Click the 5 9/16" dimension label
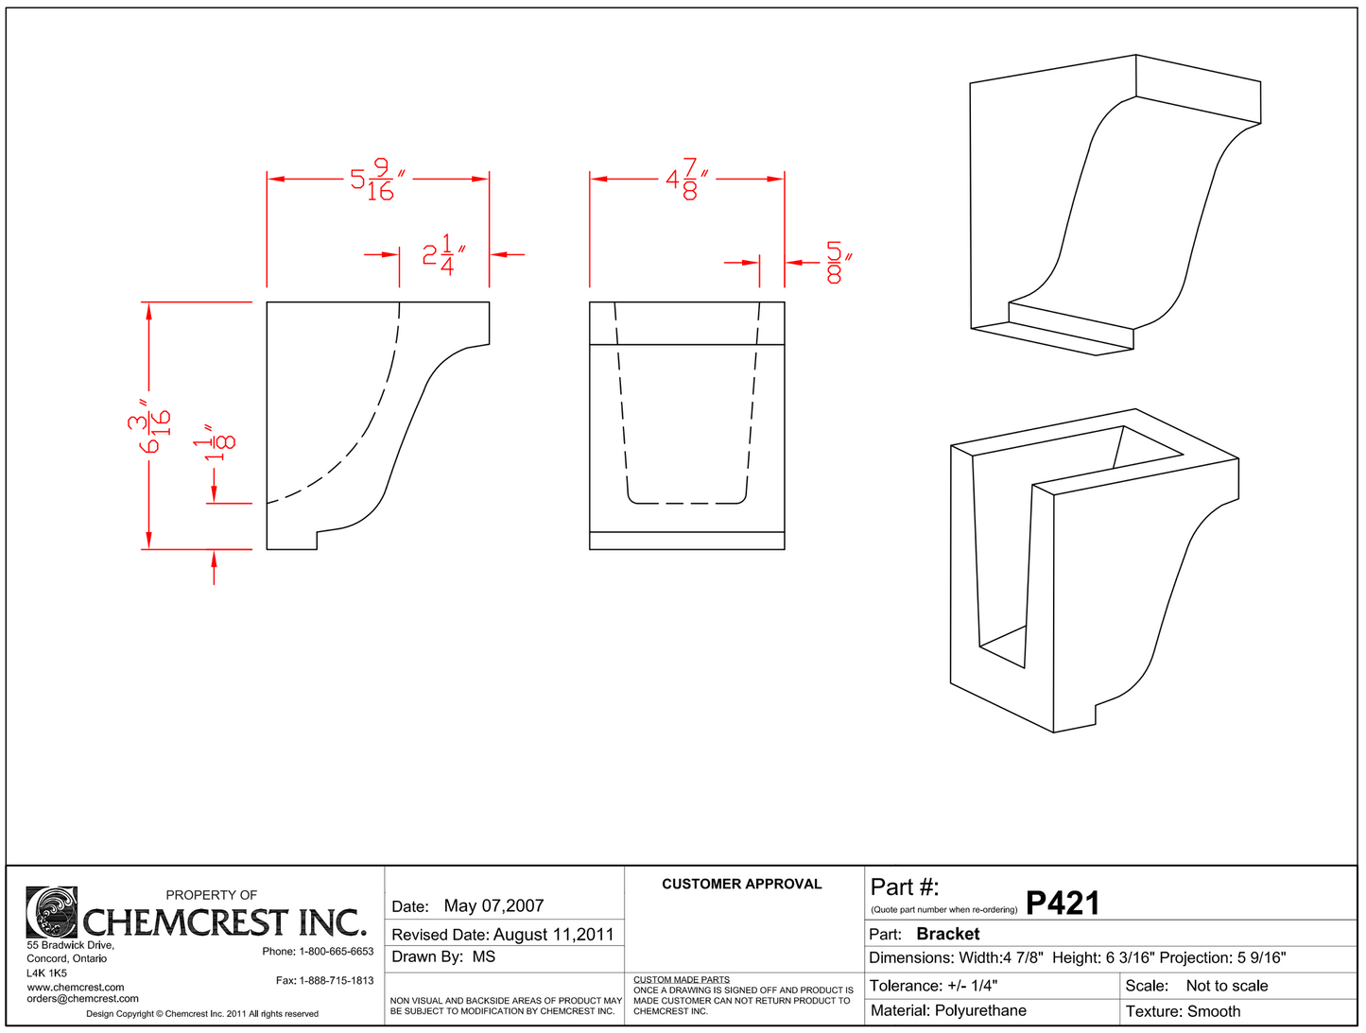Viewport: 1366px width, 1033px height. pos(377,180)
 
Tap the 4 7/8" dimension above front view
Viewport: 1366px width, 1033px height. pos(687,180)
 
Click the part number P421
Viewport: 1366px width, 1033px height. pos(1063,904)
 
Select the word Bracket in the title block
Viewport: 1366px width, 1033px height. pos(947,934)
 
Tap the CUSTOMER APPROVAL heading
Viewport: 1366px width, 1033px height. pos(741,884)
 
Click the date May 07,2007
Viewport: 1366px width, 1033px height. pos(493,905)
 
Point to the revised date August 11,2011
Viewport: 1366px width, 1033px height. pos(553,934)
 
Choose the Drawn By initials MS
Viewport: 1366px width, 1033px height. pos(483,956)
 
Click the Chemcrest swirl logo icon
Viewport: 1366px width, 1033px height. pos(52,912)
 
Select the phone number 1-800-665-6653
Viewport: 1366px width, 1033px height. pos(336,951)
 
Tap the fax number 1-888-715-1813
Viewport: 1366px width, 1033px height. pos(336,980)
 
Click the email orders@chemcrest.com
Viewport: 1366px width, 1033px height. pos(82,998)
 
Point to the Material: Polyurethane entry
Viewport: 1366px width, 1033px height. pos(948,1010)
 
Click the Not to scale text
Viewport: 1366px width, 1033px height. pos(1226,986)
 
